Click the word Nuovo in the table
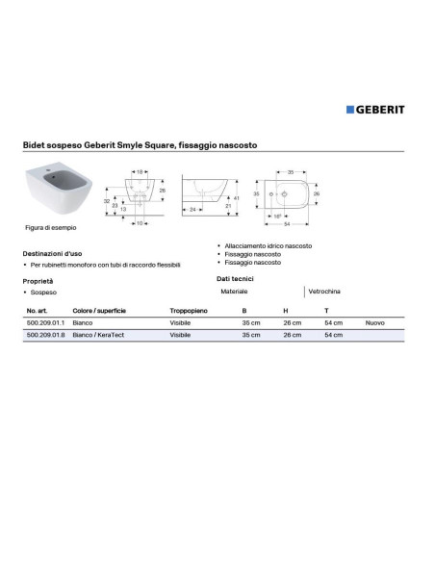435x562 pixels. (x=374, y=324)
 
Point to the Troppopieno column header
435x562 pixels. (x=189, y=312)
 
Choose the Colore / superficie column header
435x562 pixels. (x=99, y=312)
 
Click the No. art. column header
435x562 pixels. (x=38, y=312)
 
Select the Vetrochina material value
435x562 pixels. (x=324, y=291)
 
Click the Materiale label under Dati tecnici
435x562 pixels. (x=234, y=291)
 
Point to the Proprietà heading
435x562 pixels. (x=38, y=279)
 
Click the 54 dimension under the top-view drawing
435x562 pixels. (x=288, y=224)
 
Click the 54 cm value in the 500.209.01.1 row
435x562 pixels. (x=332, y=324)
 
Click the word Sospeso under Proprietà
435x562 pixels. (x=43, y=291)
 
